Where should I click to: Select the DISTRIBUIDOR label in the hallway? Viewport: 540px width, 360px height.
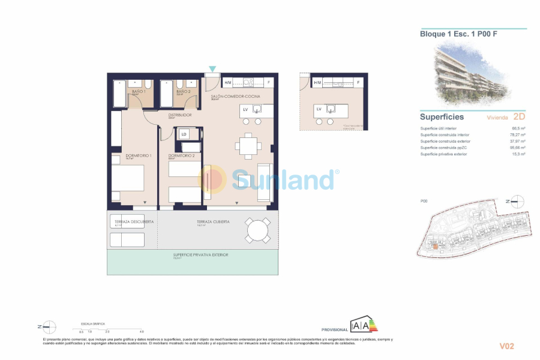tap(179, 115)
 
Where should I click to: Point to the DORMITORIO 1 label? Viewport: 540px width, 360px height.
tap(138, 156)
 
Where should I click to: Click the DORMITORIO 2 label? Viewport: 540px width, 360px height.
tap(182, 156)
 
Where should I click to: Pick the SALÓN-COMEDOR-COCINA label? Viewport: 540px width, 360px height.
tap(234, 96)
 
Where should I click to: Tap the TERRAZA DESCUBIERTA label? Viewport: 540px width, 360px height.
tap(134, 221)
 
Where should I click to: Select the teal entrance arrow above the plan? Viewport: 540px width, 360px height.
tap(212, 70)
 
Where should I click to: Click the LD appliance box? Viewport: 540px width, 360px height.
tap(184, 134)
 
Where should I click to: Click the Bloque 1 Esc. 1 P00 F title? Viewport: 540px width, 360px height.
tap(458, 34)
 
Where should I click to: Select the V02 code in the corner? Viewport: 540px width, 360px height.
tap(507, 346)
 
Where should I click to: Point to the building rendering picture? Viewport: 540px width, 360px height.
tap(473, 71)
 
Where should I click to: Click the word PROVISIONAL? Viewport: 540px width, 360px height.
tap(334, 330)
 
